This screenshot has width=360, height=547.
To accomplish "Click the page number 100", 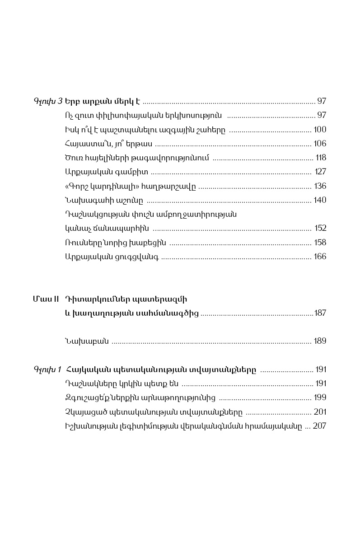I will pos(320,130).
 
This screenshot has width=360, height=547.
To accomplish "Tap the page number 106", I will pos(320,144).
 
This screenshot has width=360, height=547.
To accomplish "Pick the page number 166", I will pos(320,257).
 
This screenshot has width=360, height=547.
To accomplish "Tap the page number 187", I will pos(320,313).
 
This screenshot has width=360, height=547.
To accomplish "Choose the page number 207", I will pos(319,426).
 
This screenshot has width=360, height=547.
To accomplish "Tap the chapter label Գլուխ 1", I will pos(47,369).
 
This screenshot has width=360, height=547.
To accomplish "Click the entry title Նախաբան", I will pos(87,341).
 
